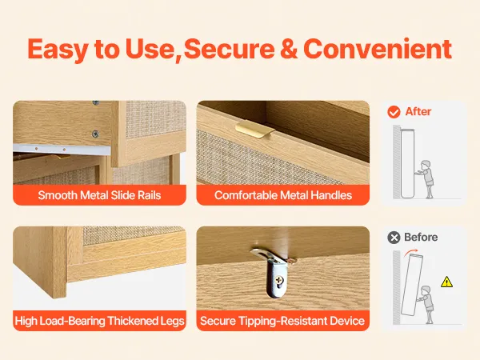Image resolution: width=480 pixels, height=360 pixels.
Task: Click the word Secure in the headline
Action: point(230,49)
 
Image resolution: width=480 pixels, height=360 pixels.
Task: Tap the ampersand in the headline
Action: point(289,49)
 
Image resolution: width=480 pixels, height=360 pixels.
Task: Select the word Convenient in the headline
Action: point(378,49)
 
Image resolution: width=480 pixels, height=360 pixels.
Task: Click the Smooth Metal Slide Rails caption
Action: point(99,195)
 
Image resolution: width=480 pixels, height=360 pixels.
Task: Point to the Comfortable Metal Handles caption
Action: point(283,195)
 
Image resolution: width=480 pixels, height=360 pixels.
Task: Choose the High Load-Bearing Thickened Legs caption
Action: point(99,321)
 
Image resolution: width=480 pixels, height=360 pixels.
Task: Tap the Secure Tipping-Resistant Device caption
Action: point(282,321)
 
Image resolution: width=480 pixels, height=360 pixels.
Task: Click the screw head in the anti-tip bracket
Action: point(278,279)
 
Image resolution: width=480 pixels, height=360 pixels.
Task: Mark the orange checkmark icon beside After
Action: point(394,112)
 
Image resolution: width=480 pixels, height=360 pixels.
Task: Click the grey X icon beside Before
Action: point(394,238)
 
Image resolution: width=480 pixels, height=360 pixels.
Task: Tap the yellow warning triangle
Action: point(446,282)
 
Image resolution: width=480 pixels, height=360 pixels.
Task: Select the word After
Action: point(418,111)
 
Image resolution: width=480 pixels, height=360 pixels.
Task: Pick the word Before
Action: point(421,237)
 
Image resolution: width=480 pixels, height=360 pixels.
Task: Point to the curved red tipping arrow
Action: point(410,253)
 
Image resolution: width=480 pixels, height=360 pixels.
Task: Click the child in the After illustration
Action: point(426,179)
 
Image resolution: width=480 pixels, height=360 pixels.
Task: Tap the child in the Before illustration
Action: point(426,305)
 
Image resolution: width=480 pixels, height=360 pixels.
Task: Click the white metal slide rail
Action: point(62,149)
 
